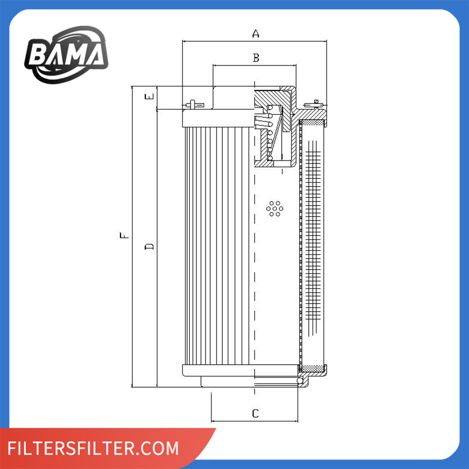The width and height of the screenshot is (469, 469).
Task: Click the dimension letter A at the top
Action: tap(256, 33)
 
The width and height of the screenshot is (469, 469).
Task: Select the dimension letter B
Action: tap(256, 58)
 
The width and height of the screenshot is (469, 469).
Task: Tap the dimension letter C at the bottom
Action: tap(255, 413)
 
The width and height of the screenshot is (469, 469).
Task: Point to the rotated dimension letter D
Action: tap(149, 246)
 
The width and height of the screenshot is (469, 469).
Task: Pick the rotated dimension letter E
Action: tap(149, 96)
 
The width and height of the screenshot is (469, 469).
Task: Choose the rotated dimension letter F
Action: tap(124, 235)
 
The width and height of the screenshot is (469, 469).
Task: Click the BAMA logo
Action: tap(67, 55)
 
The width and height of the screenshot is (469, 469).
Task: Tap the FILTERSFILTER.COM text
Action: tap(93, 448)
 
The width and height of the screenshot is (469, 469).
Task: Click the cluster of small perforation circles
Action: tap(274, 209)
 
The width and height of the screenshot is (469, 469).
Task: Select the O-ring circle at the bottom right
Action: tap(300, 380)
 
